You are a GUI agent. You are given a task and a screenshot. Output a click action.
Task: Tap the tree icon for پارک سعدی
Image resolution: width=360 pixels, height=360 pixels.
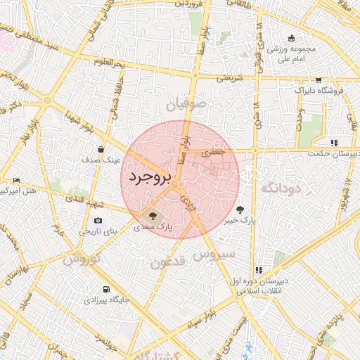(x=153, y=215)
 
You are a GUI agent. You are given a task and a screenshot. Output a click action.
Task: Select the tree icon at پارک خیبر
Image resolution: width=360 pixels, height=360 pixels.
(x=240, y=209)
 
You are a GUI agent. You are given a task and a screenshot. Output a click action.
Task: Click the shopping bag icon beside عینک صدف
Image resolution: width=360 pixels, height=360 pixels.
(x=102, y=149)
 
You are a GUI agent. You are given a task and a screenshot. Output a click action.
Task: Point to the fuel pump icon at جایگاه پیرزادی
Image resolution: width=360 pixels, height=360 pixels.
(x=106, y=289)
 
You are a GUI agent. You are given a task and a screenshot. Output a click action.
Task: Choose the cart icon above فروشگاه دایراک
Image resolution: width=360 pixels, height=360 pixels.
(x=319, y=79)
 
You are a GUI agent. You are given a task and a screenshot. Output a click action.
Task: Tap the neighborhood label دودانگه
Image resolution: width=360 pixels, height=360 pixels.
(x=281, y=188)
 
